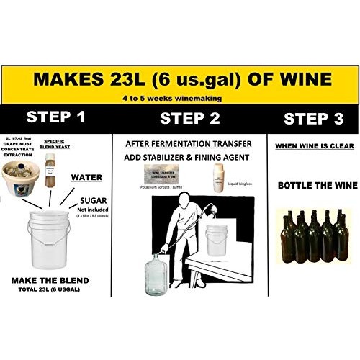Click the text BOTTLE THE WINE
pyautogui.click(x=310, y=185)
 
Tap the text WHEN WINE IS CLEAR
pyautogui.click(x=310, y=147)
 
